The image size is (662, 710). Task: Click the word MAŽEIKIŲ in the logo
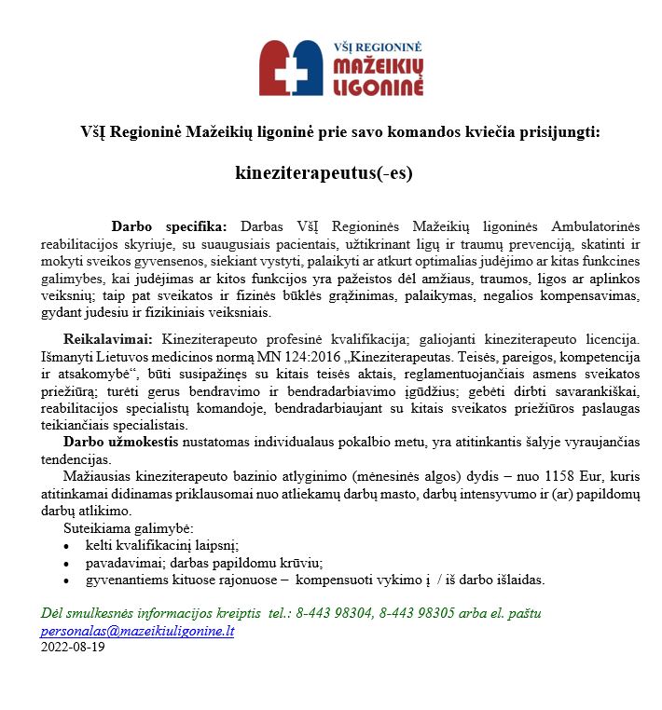pos(378,66)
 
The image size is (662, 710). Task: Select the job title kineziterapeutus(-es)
pos(324,172)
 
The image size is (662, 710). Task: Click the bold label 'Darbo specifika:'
pos(169,226)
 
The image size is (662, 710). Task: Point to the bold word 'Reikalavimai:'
pos(110,339)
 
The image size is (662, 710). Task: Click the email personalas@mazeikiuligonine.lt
pos(137,631)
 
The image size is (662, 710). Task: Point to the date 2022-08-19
pos(73,647)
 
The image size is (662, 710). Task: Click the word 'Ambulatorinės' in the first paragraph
pos(595,226)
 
